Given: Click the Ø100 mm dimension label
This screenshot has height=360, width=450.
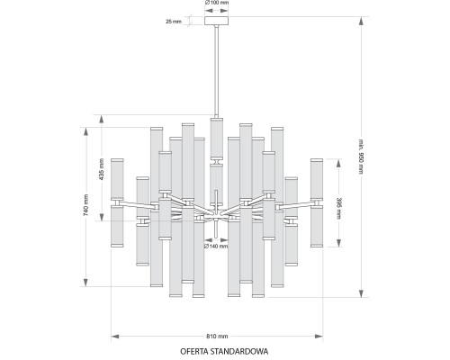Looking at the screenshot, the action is click(x=217, y=3).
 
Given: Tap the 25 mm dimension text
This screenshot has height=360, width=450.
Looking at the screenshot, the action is click(x=174, y=22).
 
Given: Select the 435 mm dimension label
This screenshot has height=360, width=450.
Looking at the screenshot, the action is click(x=102, y=169).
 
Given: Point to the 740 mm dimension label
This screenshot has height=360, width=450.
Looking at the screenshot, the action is click(x=85, y=205).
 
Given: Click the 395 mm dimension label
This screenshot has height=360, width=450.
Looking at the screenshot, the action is click(x=338, y=208).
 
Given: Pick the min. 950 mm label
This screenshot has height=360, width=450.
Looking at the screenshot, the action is click(x=361, y=156).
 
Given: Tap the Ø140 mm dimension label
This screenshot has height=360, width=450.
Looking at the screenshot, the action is click(x=216, y=247).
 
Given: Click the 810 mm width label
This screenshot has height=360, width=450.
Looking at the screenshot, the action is click(x=217, y=336).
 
